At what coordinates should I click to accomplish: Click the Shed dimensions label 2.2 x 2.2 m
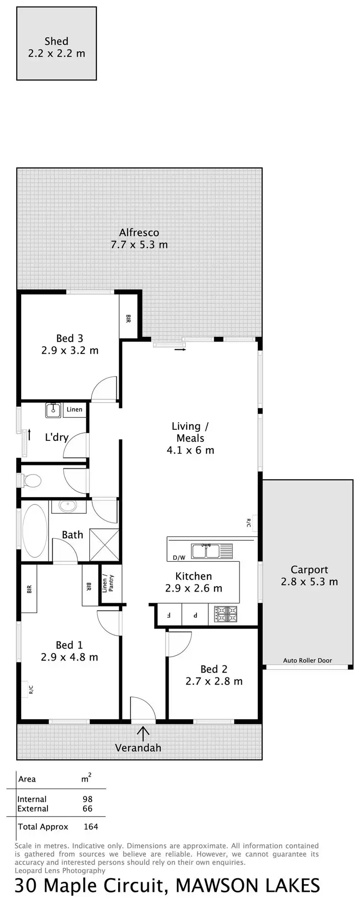(x=57, y=53)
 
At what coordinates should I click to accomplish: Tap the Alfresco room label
(x=139, y=233)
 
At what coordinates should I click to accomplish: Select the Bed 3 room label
(x=70, y=338)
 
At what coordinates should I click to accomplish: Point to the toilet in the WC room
(x=31, y=480)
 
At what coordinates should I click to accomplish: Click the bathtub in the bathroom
(x=35, y=530)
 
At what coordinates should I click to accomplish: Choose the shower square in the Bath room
(x=104, y=544)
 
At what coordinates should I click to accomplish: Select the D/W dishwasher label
(x=179, y=557)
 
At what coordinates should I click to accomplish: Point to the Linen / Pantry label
(x=108, y=583)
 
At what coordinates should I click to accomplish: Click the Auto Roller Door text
(x=307, y=660)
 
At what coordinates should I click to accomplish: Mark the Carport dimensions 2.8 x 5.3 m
(x=309, y=581)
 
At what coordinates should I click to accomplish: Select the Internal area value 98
(x=87, y=799)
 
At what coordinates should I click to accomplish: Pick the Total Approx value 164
(x=90, y=827)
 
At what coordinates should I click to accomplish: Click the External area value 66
(x=87, y=808)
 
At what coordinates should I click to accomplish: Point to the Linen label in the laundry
(x=74, y=409)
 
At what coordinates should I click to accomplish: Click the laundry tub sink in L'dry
(x=53, y=410)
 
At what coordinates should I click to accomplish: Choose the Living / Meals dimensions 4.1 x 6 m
(x=190, y=450)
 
